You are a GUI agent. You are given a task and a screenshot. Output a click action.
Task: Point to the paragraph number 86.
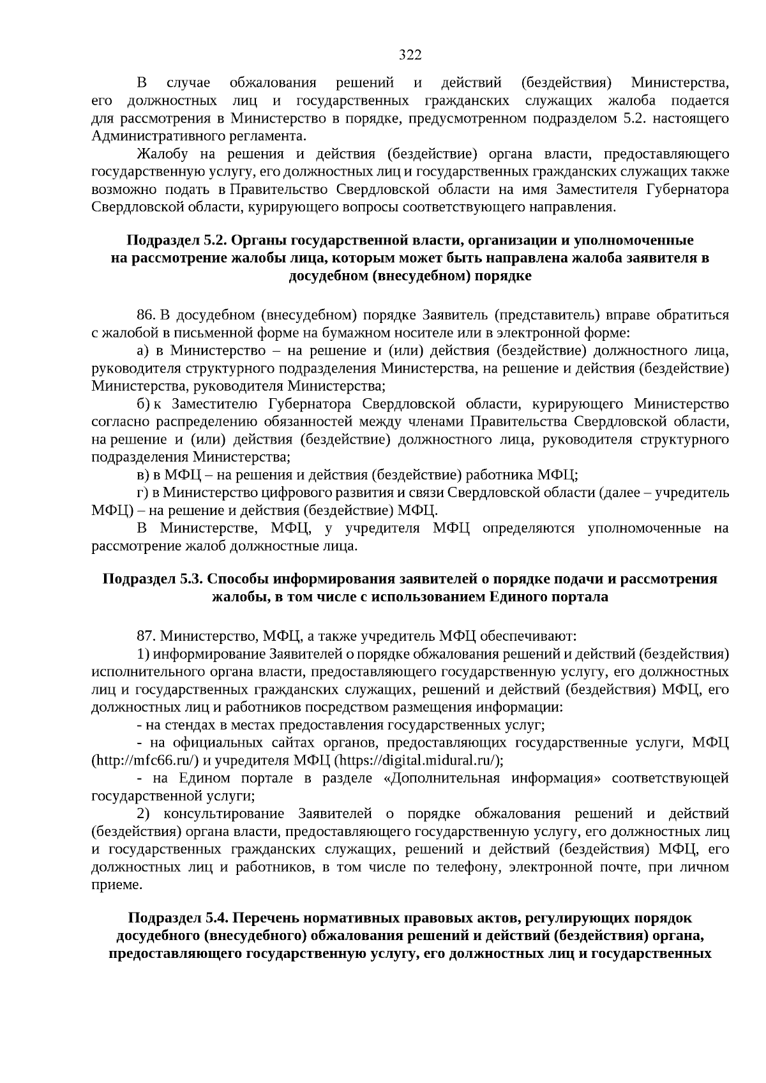click(146, 315)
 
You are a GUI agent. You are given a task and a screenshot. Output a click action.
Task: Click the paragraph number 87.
click(146, 636)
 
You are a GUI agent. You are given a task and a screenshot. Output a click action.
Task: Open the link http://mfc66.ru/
click(147, 760)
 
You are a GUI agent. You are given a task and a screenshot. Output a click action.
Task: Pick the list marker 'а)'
click(143, 351)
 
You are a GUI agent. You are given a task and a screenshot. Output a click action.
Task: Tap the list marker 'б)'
click(143, 404)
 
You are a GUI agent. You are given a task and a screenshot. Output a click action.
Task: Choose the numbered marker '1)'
click(143, 654)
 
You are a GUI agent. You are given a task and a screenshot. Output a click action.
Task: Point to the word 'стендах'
click(189, 725)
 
